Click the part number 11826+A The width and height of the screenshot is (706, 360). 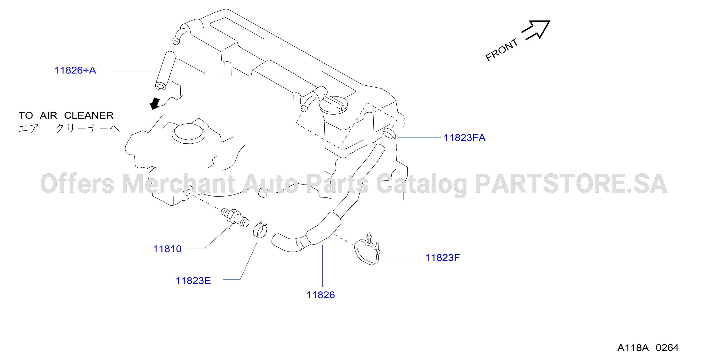[x=75, y=70]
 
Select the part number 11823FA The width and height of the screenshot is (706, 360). [x=464, y=138]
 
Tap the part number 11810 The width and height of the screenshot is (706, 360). [x=167, y=249]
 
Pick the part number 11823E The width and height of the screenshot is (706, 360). [x=193, y=281]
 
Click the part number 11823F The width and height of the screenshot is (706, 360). [x=442, y=258]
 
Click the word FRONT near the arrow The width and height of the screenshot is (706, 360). [x=502, y=50]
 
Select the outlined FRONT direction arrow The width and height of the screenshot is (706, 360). [x=536, y=30]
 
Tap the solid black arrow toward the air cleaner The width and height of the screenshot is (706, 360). [x=155, y=103]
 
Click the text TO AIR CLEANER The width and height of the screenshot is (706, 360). [x=66, y=115]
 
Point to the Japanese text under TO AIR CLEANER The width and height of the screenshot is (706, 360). [x=69, y=128]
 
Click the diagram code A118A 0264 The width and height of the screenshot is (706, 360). [x=648, y=348]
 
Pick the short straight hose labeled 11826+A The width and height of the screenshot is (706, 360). [x=166, y=70]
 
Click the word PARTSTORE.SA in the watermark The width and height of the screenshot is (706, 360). [x=571, y=183]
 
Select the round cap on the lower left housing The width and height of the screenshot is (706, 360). [x=189, y=133]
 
